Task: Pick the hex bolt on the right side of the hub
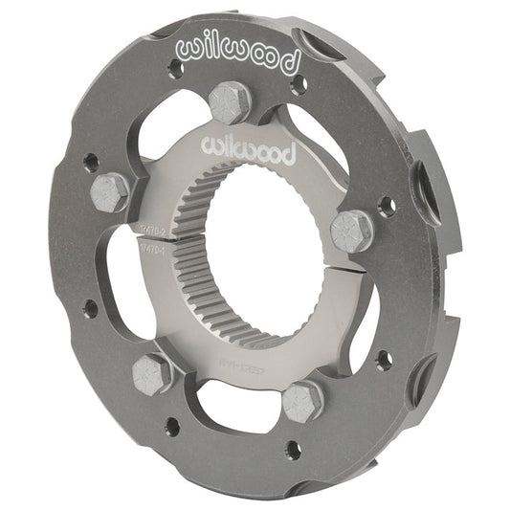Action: tap(351, 232)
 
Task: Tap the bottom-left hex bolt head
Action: tap(152, 372)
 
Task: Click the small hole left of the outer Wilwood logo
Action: tap(174, 69)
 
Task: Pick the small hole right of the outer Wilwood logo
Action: tap(299, 82)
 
